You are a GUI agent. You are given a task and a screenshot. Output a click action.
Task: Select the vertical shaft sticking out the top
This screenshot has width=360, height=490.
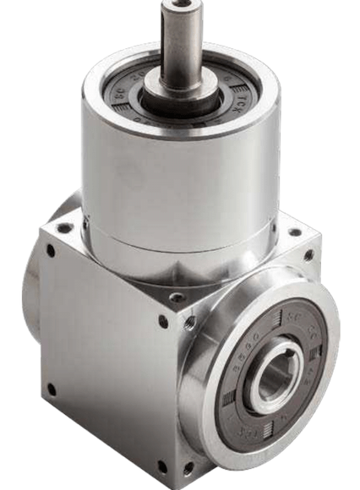click(x=181, y=42)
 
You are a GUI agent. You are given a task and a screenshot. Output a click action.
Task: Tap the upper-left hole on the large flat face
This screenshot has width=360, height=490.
click(x=50, y=251)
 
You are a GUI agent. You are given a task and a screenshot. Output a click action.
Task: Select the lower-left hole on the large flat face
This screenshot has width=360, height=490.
click(x=52, y=389)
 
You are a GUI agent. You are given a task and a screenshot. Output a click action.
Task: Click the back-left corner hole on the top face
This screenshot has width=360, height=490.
click(x=64, y=227)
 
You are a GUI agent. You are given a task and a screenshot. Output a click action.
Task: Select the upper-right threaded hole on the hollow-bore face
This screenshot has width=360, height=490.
click(x=308, y=254)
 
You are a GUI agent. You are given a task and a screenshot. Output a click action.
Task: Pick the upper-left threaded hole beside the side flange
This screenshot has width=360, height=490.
click(x=191, y=322)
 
